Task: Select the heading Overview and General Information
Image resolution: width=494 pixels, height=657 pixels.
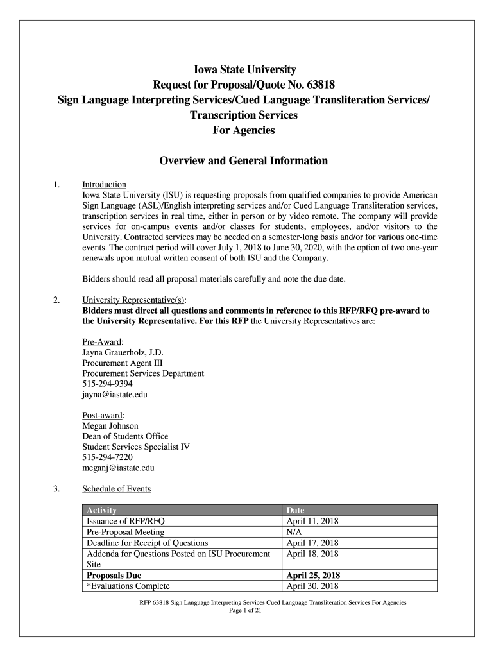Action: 243,161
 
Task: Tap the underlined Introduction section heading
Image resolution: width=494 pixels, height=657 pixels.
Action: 104,185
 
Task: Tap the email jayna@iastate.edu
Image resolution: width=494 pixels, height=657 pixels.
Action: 115,395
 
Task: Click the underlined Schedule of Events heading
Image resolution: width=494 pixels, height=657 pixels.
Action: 117,489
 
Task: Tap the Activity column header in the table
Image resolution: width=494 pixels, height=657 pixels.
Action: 101,510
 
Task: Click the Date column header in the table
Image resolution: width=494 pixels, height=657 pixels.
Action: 296,510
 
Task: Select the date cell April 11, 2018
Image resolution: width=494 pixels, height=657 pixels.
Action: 312,521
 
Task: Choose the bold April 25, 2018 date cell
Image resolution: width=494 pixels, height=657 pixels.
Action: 314,576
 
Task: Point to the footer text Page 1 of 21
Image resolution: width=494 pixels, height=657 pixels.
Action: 247,611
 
